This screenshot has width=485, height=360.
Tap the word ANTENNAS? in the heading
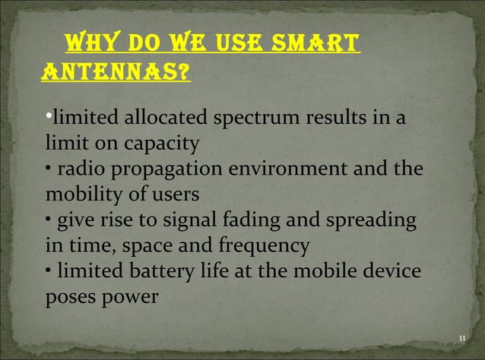click(x=115, y=73)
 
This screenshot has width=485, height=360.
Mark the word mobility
click(x=78, y=194)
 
